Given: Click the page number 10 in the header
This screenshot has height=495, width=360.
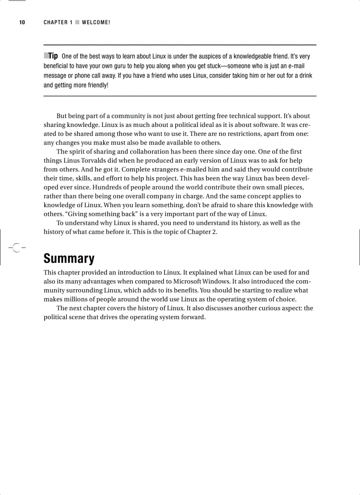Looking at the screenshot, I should point(22,22).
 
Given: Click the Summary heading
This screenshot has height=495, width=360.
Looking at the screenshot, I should point(69,258).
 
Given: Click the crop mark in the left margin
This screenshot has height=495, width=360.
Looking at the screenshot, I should point(16,248).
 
